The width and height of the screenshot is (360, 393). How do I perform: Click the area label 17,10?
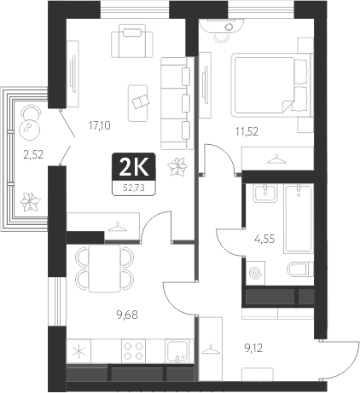click(x=100, y=124)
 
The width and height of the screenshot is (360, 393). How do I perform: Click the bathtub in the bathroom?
click(x=299, y=218)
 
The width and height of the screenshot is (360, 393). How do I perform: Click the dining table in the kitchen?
click(x=104, y=268)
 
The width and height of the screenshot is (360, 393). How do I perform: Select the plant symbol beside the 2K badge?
click(x=178, y=169)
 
